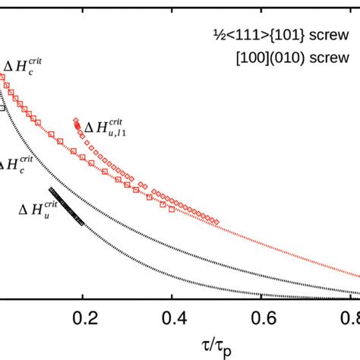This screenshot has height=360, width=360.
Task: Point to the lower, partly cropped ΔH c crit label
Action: (17, 163)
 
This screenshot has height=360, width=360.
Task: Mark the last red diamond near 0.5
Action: (217, 222)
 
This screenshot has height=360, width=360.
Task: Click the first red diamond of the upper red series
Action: (76, 121)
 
